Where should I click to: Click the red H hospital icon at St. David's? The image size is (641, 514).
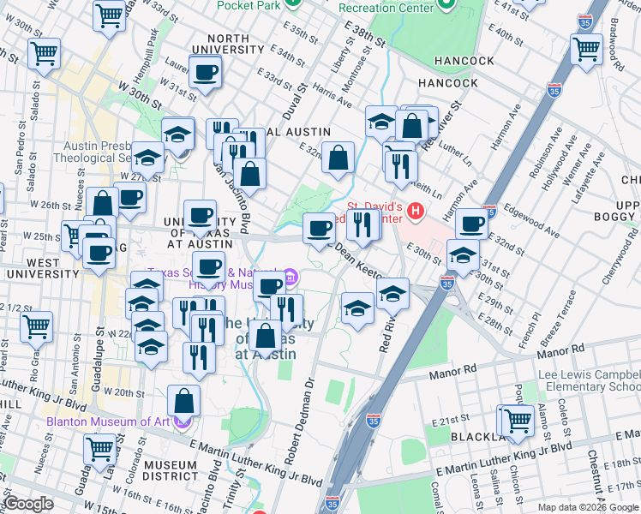pos(416,210)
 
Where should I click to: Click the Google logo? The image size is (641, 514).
pos(29,504)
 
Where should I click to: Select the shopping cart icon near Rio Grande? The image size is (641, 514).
pos(36,325)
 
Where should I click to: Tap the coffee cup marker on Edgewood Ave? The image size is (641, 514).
pos(471,224)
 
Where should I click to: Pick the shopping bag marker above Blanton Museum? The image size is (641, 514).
pos(184,399)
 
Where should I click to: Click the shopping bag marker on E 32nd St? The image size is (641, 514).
pos(338,157)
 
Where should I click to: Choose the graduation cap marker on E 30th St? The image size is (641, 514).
pos(463,255)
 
